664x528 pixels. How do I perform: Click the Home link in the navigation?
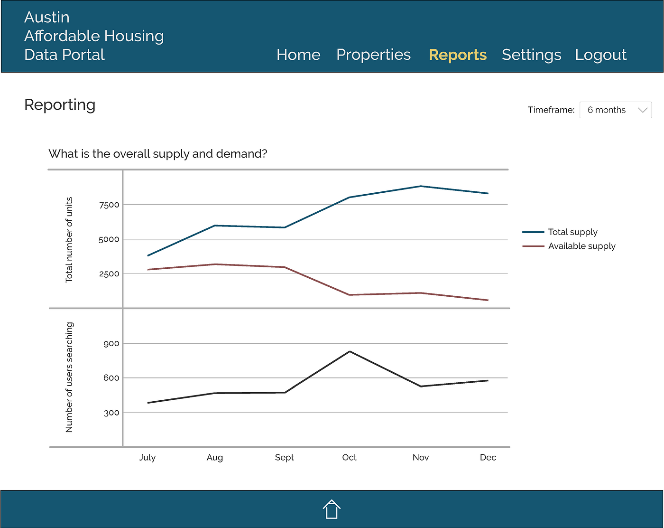298,55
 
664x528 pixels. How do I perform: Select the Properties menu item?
373,55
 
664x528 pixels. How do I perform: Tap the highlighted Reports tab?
457,55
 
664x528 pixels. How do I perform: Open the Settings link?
531,55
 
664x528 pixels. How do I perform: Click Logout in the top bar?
600,55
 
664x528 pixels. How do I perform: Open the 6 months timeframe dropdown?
615,110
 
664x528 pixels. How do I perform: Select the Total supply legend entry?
572,232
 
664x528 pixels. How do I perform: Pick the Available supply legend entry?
581,246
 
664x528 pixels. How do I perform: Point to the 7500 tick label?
109,205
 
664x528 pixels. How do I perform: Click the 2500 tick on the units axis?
109,273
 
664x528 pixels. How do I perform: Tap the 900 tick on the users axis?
111,343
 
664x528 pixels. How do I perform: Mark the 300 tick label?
111,413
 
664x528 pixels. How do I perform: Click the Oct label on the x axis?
349,457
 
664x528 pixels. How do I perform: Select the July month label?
147,457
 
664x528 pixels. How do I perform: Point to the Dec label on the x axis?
488,457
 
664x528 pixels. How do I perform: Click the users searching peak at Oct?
350,351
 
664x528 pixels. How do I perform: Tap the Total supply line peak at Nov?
420,186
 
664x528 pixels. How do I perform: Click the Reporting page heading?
60,104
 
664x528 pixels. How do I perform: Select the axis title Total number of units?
69,240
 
